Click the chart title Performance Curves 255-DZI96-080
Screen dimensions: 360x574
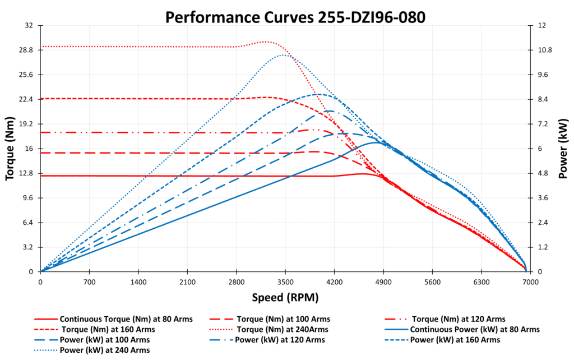295,17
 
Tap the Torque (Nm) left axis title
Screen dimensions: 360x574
10,148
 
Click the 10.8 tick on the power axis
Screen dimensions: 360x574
545,50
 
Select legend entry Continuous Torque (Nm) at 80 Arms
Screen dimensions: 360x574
126,319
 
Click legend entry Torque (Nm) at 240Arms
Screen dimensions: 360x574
283,329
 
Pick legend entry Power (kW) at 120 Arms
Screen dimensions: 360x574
280,340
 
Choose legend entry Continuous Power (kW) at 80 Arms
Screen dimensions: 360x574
475,329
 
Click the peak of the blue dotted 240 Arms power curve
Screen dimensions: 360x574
283,54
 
